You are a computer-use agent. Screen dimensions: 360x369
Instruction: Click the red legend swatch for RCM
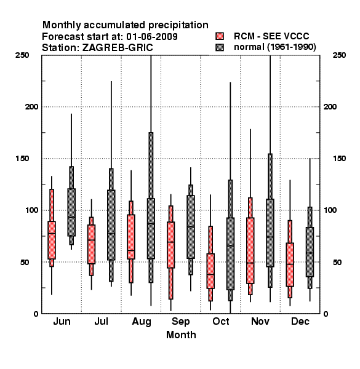click(x=220, y=36)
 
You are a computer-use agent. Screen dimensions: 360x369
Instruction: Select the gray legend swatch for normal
click(x=220, y=47)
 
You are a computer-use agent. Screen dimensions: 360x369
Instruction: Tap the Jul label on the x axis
click(x=102, y=321)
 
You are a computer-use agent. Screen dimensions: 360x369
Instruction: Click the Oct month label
click(x=220, y=321)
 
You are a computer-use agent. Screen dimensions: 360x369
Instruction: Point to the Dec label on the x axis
click(x=300, y=321)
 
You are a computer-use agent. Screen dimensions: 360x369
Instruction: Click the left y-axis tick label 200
click(x=31, y=106)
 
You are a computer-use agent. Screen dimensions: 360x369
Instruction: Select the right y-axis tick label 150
click(x=339, y=159)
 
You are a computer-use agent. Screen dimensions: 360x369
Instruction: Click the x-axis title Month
click(x=181, y=335)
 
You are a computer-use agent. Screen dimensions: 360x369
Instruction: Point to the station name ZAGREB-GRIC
click(x=118, y=47)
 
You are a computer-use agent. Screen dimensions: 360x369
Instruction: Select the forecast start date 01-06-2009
click(x=152, y=36)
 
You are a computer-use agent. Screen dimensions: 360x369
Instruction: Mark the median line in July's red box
click(x=91, y=240)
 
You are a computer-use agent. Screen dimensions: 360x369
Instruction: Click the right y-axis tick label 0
click(x=326, y=314)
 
